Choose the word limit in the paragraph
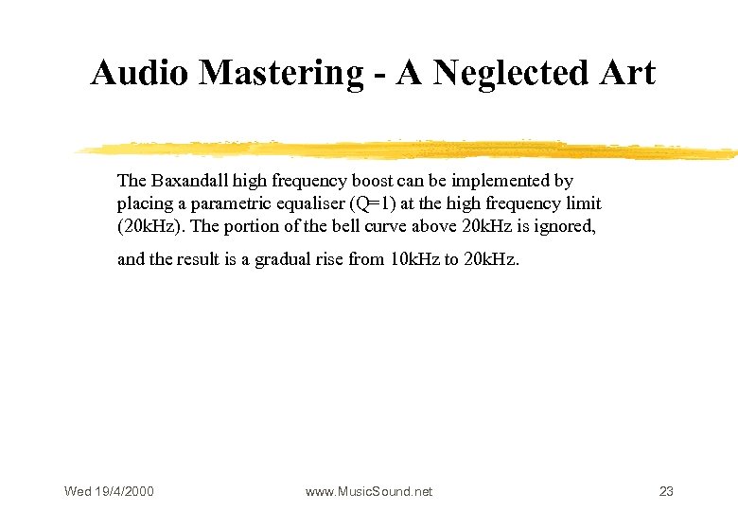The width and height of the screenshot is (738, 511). (x=583, y=203)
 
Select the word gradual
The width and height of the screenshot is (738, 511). (x=283, y=259)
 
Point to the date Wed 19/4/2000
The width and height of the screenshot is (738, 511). (x=109, y=491)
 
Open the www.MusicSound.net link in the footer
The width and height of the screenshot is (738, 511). (x=369, y=491)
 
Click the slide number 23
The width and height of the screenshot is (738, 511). (x=666, y=491)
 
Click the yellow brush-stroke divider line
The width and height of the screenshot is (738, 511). (x=407, y=150)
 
